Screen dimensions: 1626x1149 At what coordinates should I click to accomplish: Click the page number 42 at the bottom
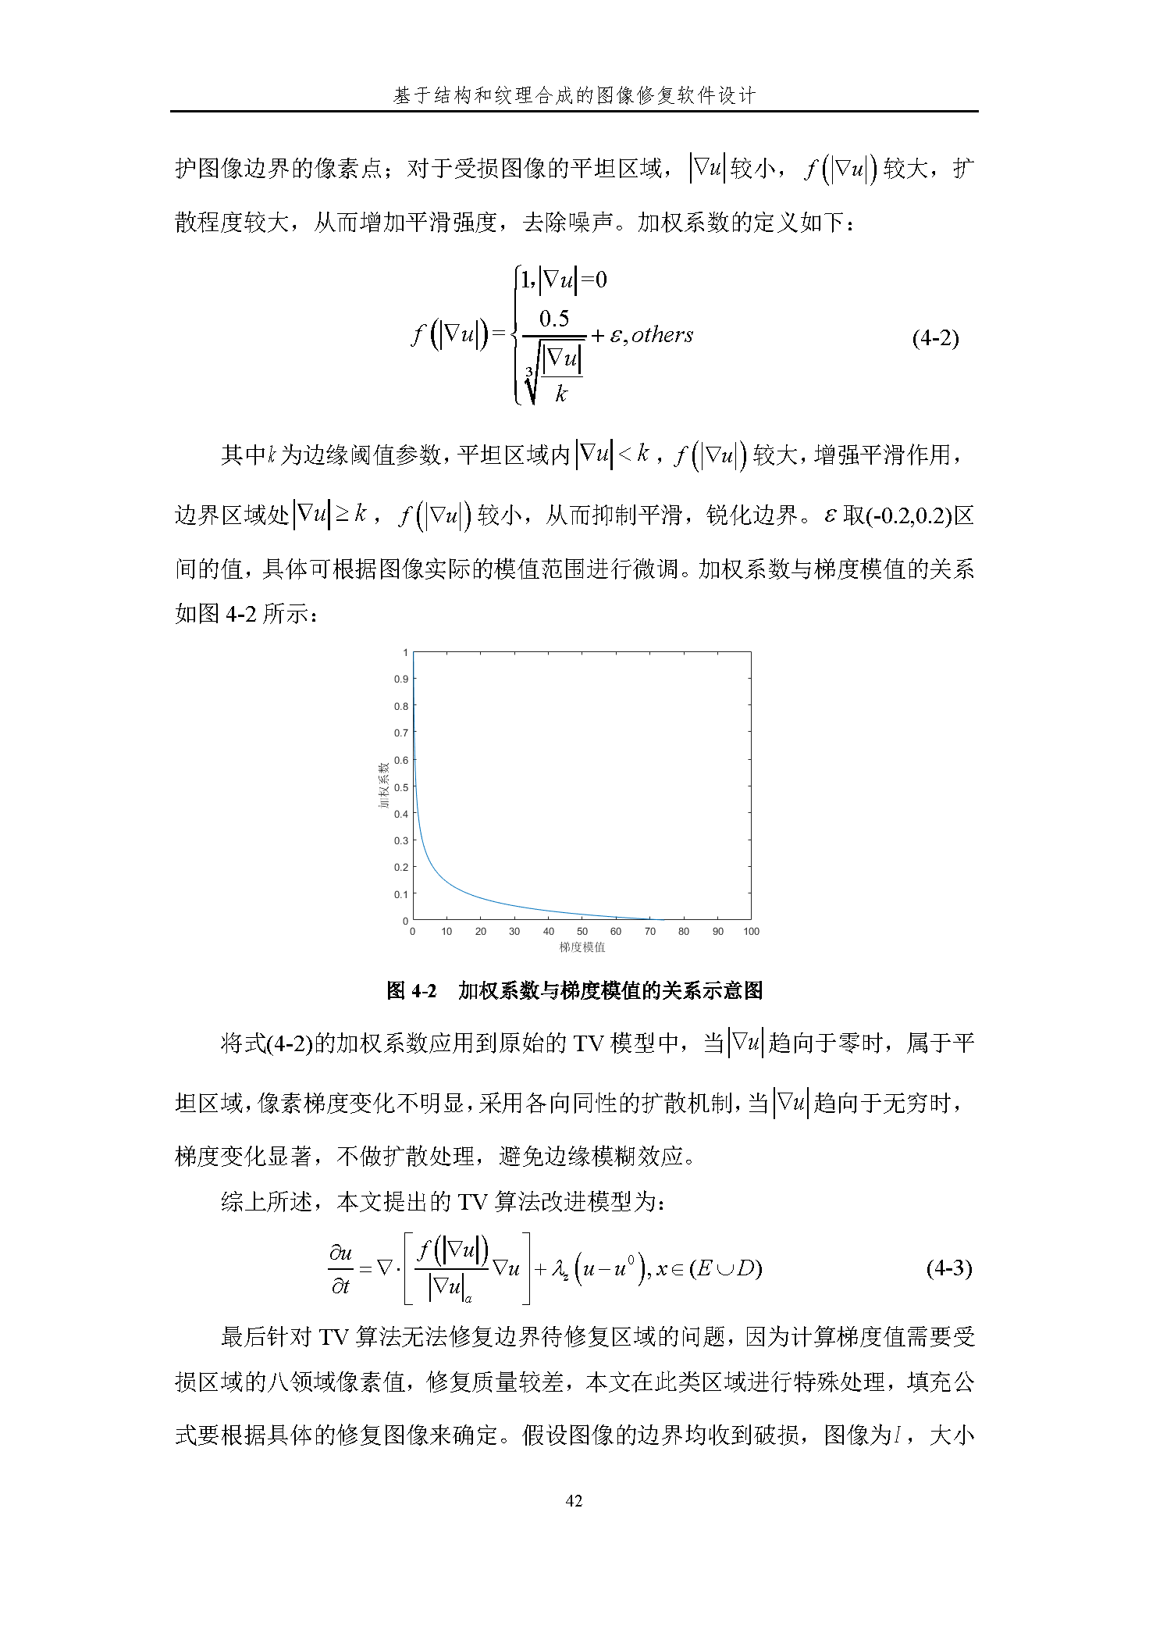(574, 1500)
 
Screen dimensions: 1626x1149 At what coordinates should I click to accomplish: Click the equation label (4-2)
(934, 337)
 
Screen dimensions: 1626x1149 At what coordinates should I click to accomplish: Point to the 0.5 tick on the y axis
(401, 787)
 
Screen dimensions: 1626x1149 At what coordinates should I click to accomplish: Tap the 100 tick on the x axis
(751, 931)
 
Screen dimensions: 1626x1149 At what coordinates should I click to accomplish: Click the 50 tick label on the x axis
(582, 931)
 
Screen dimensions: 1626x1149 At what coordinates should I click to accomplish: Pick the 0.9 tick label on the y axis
(401, 679)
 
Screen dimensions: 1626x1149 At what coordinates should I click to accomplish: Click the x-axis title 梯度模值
(582, 947)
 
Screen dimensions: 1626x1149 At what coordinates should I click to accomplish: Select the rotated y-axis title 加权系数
(384, 786)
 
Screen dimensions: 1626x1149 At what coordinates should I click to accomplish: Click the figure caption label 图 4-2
(411, 990)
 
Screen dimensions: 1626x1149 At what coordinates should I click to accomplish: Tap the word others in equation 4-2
(662, 335)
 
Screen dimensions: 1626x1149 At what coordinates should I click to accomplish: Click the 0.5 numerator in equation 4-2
(554, 319)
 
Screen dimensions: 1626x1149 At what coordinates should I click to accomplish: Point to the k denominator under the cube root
(560, 394)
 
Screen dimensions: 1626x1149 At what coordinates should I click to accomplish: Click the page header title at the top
(574, 95)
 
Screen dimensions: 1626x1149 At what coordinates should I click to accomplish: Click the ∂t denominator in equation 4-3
(340, 1285)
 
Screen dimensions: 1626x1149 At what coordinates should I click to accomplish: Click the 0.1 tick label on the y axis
(401, 894)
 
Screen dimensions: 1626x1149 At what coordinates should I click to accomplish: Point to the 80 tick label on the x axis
(684, 931)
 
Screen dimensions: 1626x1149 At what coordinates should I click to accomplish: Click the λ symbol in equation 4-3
(559, 1269)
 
